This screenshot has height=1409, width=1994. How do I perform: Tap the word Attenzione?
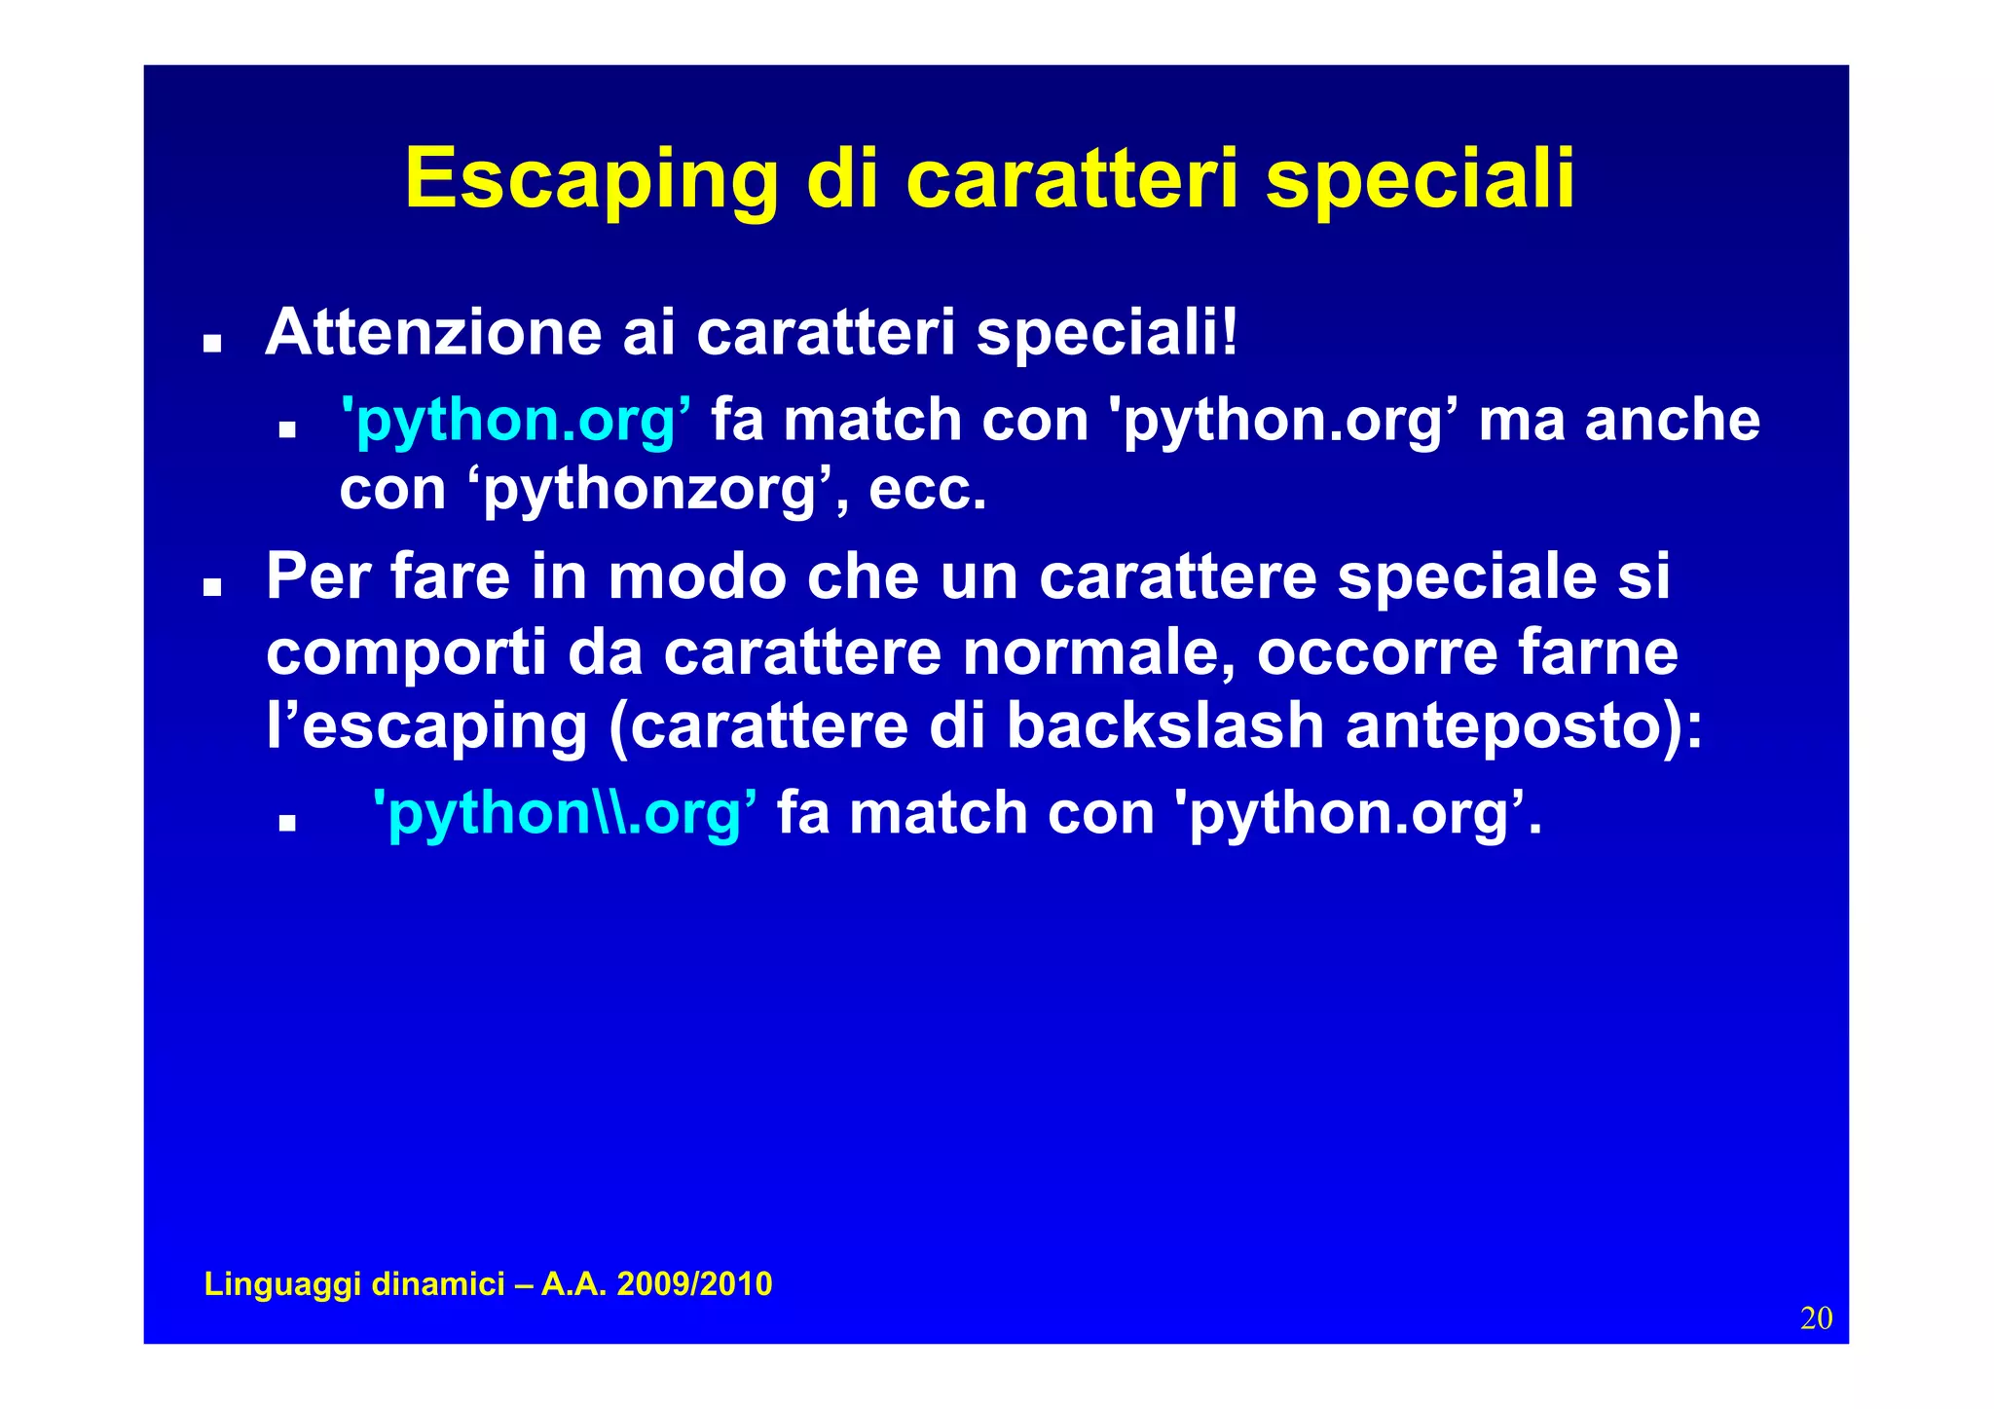pyautogui.click(x=433, y=333)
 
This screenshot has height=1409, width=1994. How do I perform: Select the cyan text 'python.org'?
pyautogui.click(x=516, y=421)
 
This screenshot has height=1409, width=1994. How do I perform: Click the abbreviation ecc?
pyautogui.click(x=927, y=490)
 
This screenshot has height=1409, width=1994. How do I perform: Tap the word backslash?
pyautogui.click(x=1164, y=726)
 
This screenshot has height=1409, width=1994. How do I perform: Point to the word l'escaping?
pyautogui.click(x=426, y=726)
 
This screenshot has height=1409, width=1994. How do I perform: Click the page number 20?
pyautogui.click(x=1816, y=1318)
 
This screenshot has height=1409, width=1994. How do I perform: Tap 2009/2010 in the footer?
pyautogui.click(x=694, y=1284)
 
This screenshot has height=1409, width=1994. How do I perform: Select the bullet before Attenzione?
pyautogui.click(x=211, y=345)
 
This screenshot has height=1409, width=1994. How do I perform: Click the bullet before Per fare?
pyautogui.click(x=211, y=588)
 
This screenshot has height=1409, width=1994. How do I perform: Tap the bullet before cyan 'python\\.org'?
pyautogui.click(x=286, y=824)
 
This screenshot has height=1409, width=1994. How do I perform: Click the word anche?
pyautogui.click(x=1672, y=421)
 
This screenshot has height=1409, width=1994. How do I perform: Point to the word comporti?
pyautogui.click(x=406, y=652)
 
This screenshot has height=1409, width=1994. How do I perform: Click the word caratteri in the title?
pyautogui.click(x=1072, y=180)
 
